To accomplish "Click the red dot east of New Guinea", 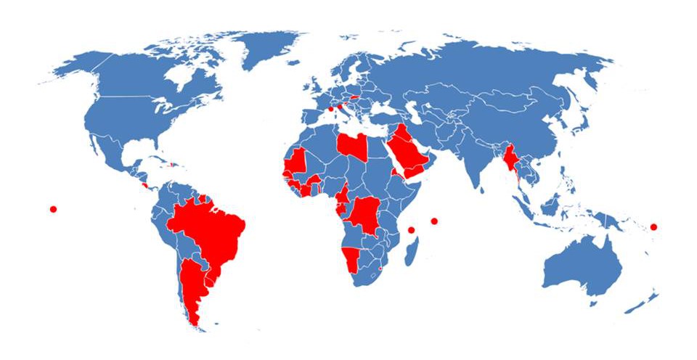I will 653,227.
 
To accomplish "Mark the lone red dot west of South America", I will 53,209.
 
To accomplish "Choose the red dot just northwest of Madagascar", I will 411,230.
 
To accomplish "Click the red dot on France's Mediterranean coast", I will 331,110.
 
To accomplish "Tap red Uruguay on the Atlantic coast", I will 211,278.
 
